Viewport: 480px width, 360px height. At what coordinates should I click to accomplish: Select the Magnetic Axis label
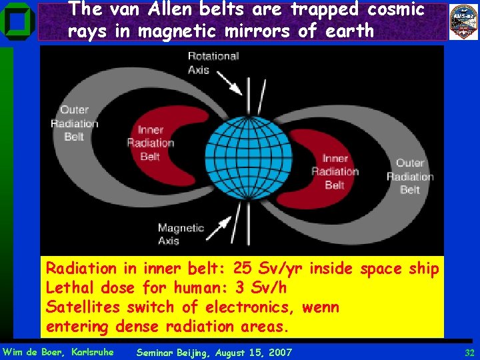[180, 234]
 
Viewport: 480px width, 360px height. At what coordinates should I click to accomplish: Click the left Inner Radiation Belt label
[150, 143]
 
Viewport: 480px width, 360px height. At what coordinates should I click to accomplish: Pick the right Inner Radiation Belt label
[335, 172]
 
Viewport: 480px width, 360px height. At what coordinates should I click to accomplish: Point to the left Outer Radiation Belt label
[74, 123]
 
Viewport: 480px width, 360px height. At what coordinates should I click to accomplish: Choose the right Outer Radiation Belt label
[410, 176]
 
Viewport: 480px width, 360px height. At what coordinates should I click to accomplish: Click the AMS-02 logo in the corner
[463, 21]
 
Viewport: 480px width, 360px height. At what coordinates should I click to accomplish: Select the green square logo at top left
[18, 22]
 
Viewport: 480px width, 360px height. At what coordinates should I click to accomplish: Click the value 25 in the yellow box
[243, 269]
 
